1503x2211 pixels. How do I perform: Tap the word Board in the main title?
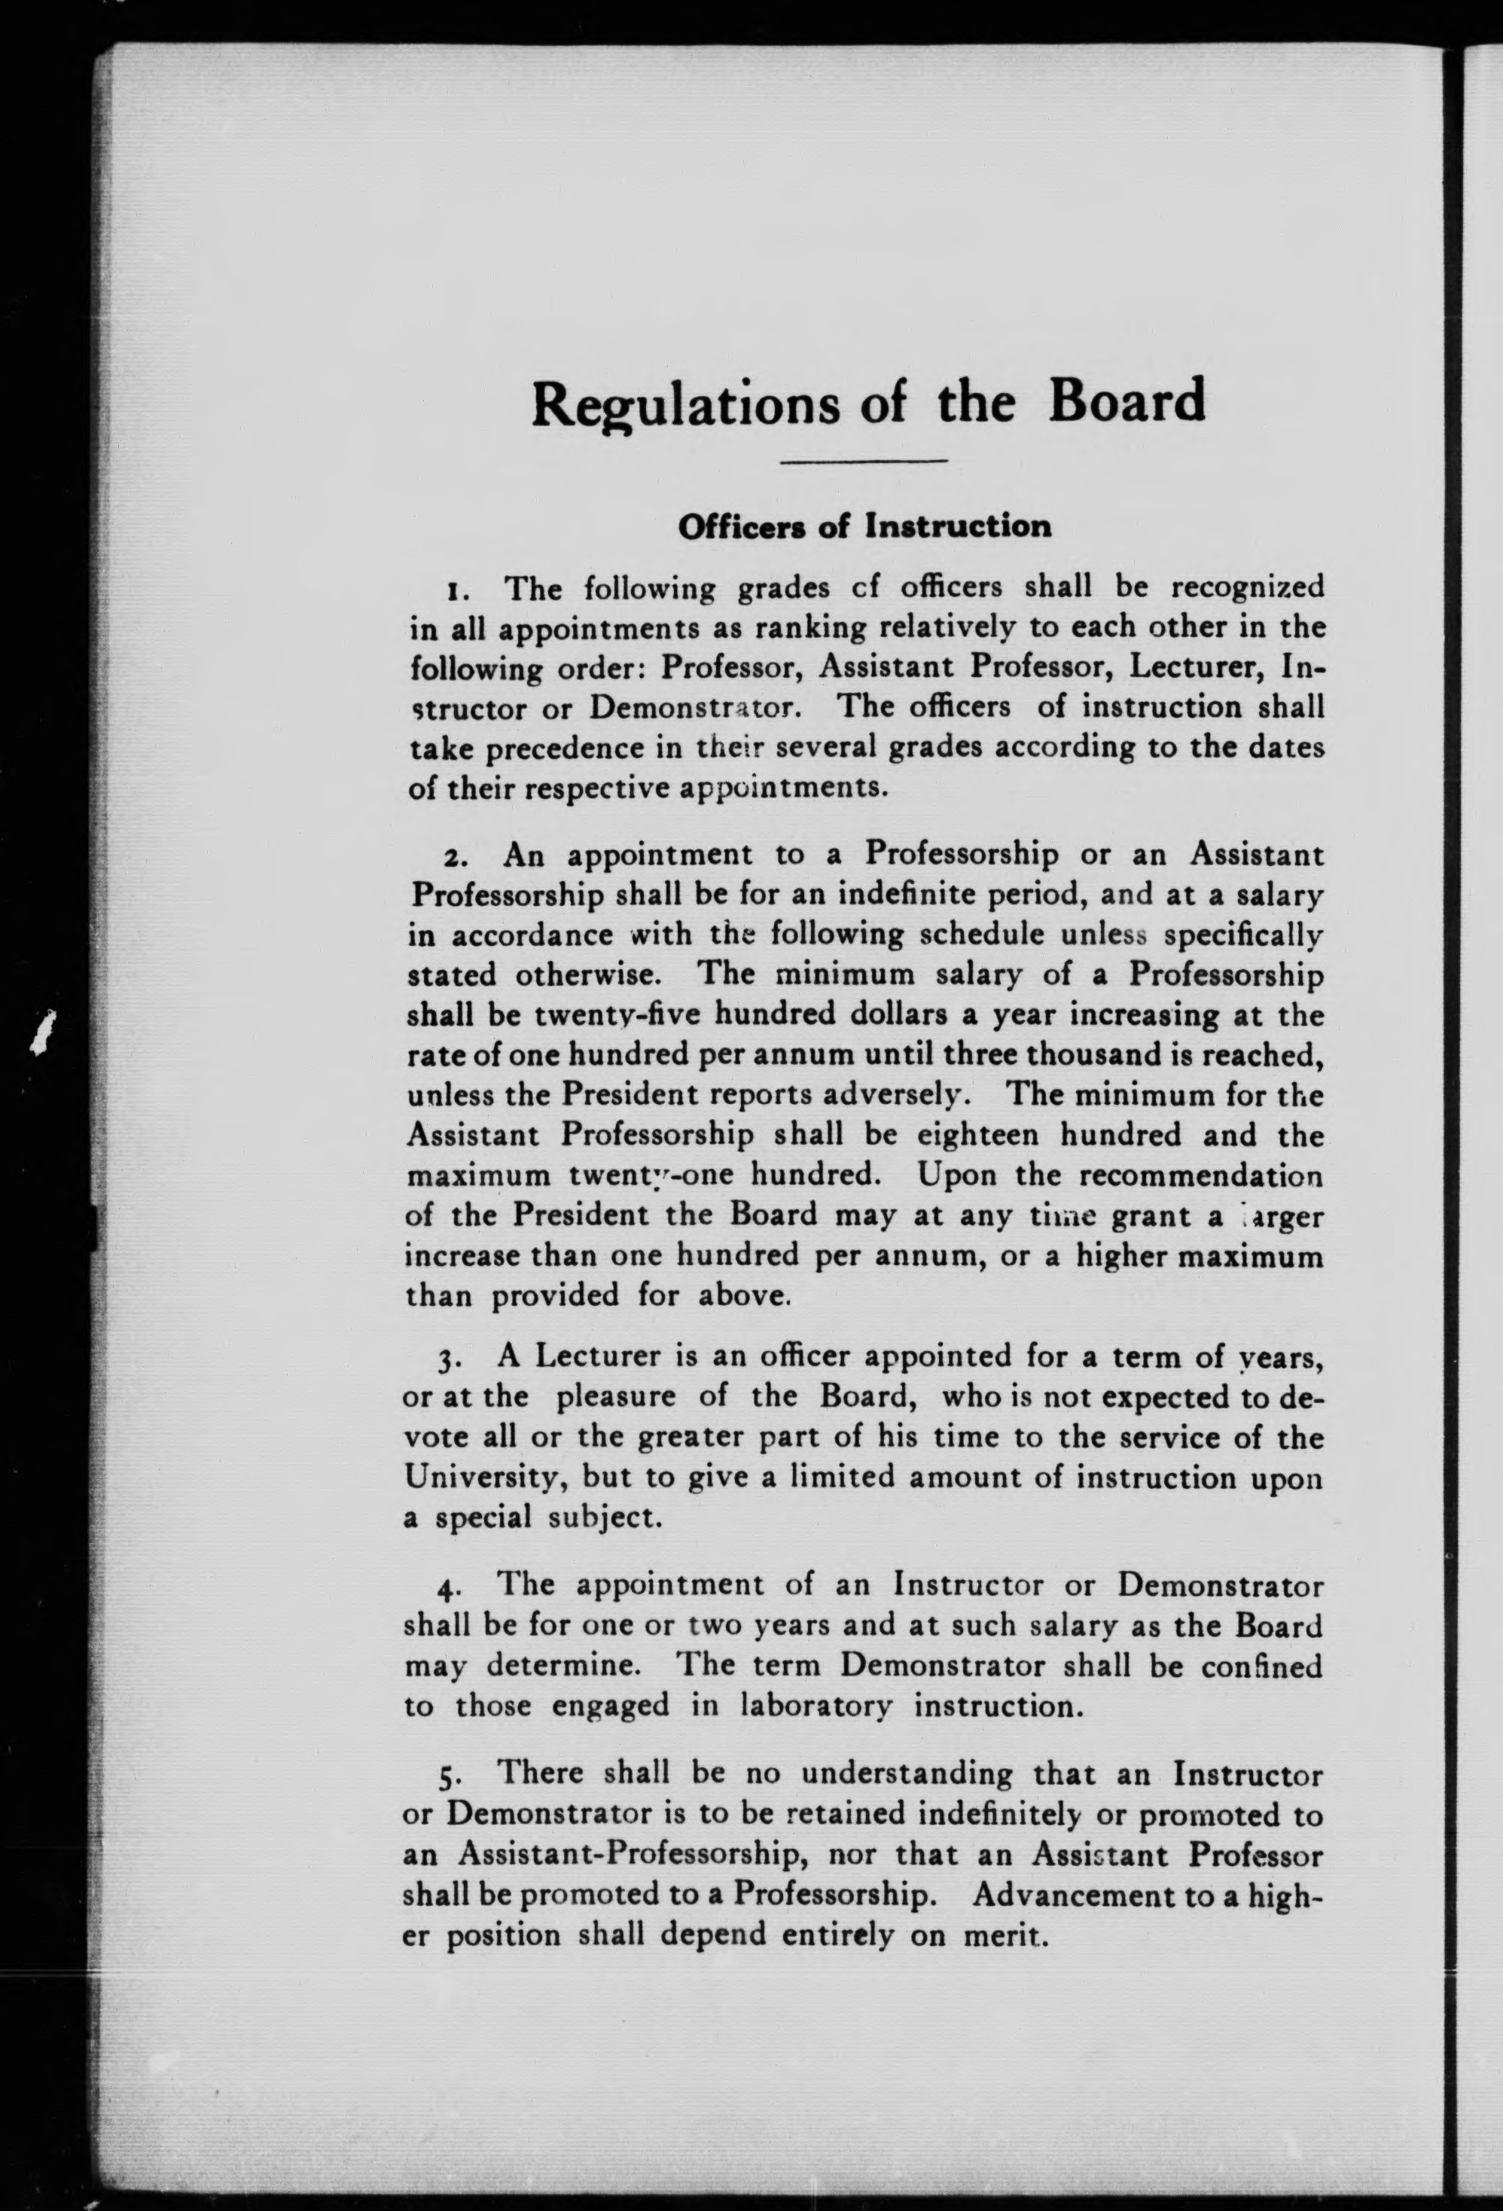click(1127, 401)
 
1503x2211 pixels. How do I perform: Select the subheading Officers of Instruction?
click(864, 526)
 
